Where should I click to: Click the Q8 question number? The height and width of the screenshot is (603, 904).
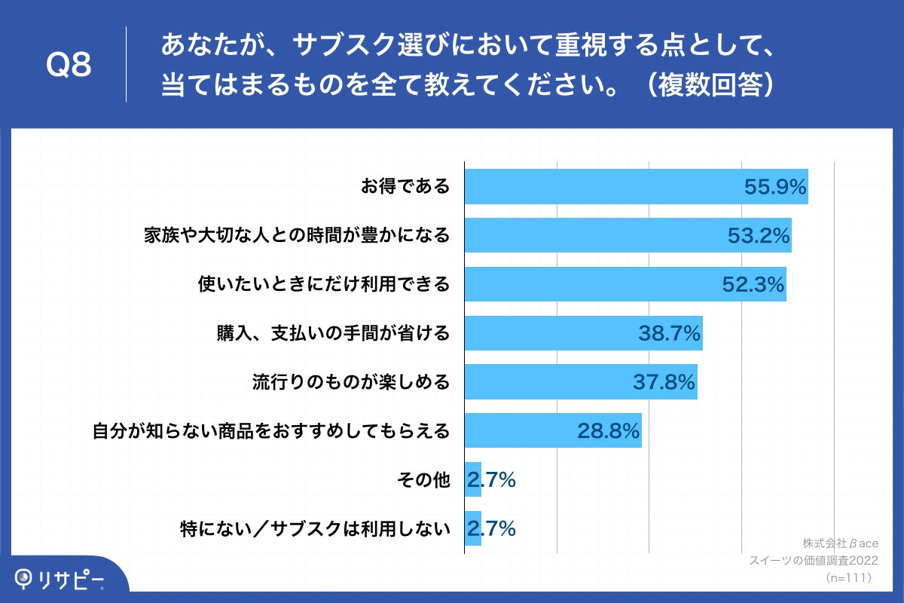[x=69, y=66]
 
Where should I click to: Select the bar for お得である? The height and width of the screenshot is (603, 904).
[x=603, y=186]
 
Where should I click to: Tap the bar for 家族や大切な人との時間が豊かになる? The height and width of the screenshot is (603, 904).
[x=595, y=235]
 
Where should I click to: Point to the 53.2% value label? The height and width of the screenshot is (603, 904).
[x=759, y=236]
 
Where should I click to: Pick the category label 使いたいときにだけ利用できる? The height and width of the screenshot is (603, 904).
[x=323, y=284]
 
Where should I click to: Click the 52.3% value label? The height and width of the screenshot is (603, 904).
[x=753, y=284]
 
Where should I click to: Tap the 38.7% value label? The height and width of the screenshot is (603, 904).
[x=670, y=333]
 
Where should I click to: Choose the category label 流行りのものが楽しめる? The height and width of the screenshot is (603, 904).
[x=350, y=382]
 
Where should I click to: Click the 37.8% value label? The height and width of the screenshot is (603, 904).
[x=664, y=382]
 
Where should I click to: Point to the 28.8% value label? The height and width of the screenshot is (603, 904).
[x=609, y=431]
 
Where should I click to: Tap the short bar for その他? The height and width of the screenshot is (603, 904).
[x=473, y=479]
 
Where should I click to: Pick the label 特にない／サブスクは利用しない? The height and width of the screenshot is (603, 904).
[x=315, y=528]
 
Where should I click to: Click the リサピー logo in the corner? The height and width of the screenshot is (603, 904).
[x=60, y=579]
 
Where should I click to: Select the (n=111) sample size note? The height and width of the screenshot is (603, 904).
[x=848, y=577]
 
